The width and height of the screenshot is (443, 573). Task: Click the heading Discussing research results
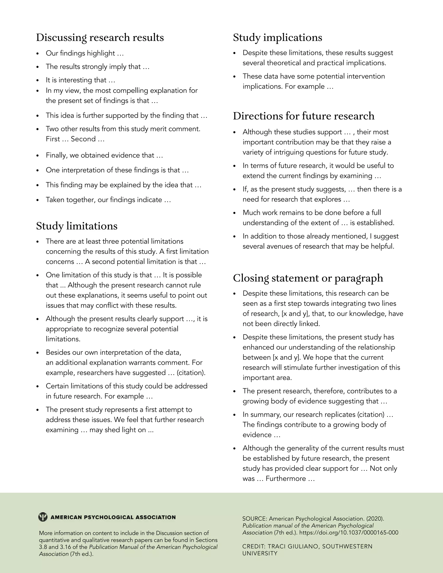point(100,38)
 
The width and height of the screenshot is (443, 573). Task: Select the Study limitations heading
point(77,226)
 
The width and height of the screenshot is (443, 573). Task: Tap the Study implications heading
point(277,38)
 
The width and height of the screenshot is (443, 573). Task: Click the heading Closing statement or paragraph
point(308,278)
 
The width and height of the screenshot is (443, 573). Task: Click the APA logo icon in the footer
point(43,517)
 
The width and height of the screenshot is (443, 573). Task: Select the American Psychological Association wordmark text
point(113,517)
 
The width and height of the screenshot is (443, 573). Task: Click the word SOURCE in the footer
point(254,519)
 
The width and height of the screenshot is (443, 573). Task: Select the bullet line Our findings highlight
point(85,53)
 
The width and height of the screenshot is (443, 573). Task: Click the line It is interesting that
point(80,80)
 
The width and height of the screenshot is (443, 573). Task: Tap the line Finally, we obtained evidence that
point(104,155)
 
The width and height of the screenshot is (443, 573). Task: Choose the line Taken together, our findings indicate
point(108,200)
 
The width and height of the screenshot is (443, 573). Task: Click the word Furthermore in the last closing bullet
point(286,479)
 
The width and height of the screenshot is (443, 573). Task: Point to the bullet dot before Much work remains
point(235,213)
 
